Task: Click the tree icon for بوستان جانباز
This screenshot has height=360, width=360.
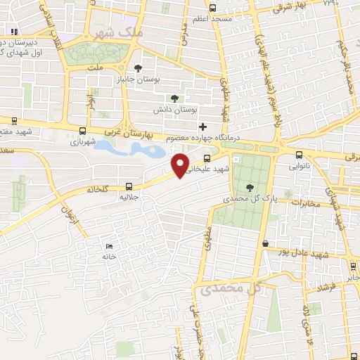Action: [137, 68]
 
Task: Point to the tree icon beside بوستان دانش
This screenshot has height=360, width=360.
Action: [173, 99]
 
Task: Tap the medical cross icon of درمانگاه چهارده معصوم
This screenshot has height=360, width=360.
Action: [203, 127]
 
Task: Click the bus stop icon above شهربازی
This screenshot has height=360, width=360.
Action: [84, 130]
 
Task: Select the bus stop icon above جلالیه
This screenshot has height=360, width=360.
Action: [129, 186]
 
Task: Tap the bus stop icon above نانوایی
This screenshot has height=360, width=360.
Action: [300, 155]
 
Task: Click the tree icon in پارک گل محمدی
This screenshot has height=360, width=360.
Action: [251, 186]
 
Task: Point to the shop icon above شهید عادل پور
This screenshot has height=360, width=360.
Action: [265, 243]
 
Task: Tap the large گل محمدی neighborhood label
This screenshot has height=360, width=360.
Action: [231, 288]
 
